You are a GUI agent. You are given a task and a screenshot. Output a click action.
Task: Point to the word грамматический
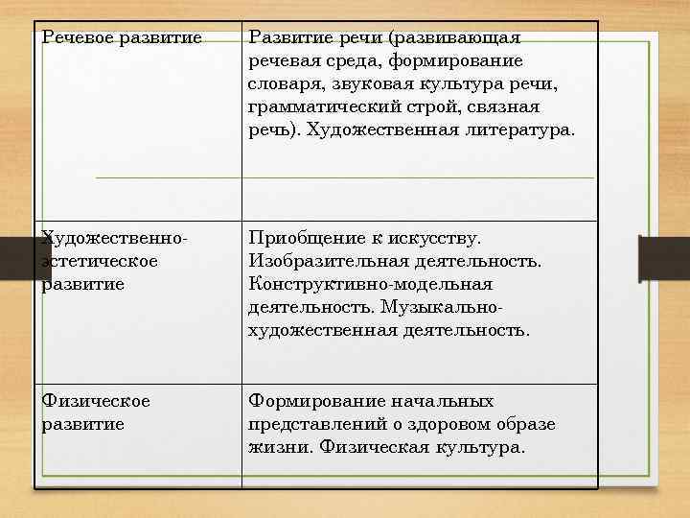click(317, 106)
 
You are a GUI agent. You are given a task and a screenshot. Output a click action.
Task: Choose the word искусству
click(435, 238)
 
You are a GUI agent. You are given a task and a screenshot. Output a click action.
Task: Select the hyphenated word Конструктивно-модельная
click(370, 284)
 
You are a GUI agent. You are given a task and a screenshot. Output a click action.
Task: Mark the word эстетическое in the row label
click(101, 261)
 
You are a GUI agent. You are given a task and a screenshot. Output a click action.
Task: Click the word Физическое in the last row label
click(96, 401)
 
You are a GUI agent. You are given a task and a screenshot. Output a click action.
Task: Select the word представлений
click(313, 424)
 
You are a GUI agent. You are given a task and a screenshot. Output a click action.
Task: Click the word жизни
click(279, 447)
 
